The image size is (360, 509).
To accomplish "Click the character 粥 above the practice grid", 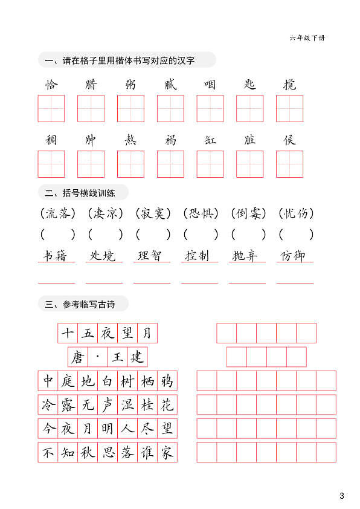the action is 130,85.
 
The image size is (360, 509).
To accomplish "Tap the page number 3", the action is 341,496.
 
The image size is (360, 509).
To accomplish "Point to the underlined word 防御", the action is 294,256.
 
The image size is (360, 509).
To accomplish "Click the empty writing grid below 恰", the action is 51,109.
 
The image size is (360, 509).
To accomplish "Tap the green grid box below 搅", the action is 289,109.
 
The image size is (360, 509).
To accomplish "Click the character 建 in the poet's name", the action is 137,357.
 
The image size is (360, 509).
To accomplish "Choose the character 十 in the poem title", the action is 68,333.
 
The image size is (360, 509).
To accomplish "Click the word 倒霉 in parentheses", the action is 248,213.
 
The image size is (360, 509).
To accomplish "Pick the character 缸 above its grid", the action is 210,140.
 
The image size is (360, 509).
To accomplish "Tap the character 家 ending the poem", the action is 167,452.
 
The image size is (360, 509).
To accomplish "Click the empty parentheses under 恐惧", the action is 201,235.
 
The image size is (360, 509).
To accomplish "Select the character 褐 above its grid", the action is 170,140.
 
